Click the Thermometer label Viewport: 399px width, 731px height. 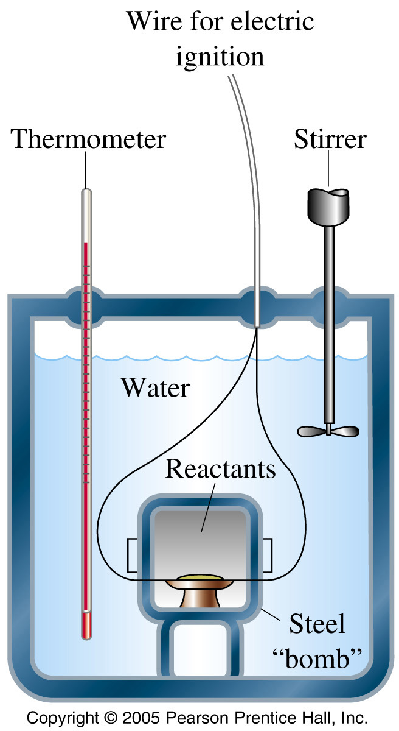click(x=88, y=139)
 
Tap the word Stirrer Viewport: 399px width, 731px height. click(x=330, y=139)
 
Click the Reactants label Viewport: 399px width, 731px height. click(x=221, y=469)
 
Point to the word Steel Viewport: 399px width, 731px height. click(x=317, y=624)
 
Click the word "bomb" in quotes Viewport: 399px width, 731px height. click(x=317, y=659)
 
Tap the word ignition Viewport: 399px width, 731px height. click(x=220, y=57)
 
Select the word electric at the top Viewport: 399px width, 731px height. click(x=272, y=21)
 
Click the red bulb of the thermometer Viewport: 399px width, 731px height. click(x=86, y=625)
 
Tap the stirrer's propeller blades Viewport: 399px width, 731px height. click(x=328, y=431)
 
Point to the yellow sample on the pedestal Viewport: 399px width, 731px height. click(x=201, y=578)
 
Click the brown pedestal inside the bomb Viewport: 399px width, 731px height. click(x=200, y=593)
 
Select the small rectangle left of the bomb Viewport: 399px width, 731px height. click(x=132, y=555)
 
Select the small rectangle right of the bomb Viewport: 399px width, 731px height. click(x=267, y=555)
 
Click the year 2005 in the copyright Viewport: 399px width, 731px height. click(x=141, y=718)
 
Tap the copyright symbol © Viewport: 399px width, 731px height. click(x=111, y=718)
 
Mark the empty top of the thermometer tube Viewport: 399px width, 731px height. click(x=86, y=216)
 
